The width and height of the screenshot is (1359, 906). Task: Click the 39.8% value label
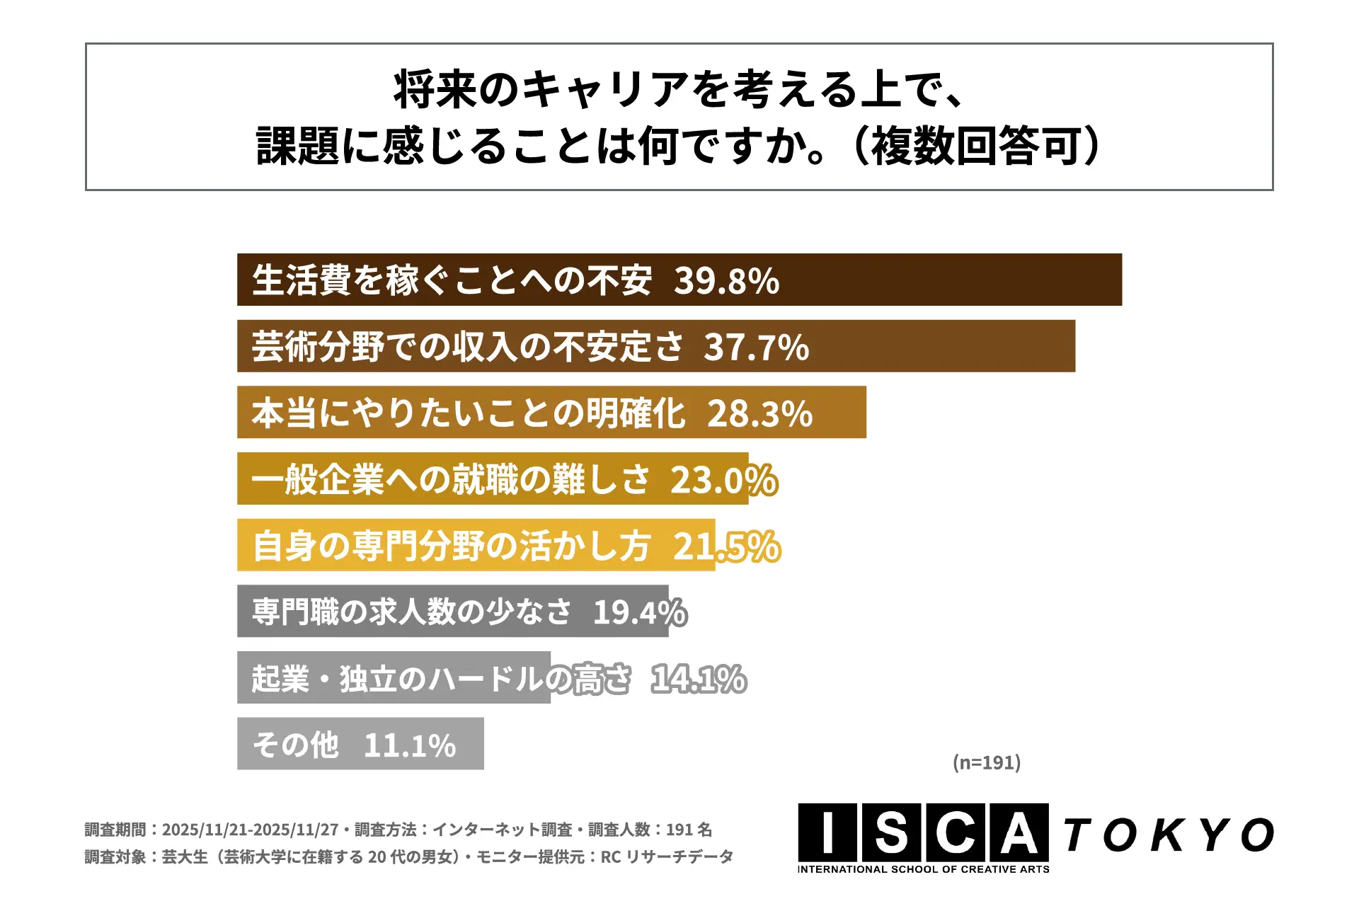click(x=726, y=281)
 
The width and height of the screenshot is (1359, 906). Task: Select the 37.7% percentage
click(x=756, y=348)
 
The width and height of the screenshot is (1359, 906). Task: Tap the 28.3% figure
click(x=759, y=413)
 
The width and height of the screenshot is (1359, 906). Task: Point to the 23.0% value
click(x=723, y=480)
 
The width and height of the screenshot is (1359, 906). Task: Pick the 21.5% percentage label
click(x=726, y=546)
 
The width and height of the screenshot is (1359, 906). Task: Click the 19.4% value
click(x=639, y=612)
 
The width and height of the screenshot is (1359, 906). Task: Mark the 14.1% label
click(x=698, y=679)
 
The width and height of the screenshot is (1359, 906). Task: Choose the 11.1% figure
click(x=410, y=745)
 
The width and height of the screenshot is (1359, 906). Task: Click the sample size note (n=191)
click(x=986, y=762)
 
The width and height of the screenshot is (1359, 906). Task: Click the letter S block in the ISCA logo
click(x=891, y=833)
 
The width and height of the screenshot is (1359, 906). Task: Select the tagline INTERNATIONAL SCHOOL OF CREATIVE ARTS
click(x=923, y=869)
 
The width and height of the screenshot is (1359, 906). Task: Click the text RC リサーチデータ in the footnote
click(x=667, y=857)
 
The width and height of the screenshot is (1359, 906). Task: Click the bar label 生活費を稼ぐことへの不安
click(x=452, y=280)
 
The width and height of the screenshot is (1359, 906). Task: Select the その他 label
click(x=296, y=745)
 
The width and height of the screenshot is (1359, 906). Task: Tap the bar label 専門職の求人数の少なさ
click(x=411, y=612)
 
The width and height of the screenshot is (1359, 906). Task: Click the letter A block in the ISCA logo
click(x=1018, y=833)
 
